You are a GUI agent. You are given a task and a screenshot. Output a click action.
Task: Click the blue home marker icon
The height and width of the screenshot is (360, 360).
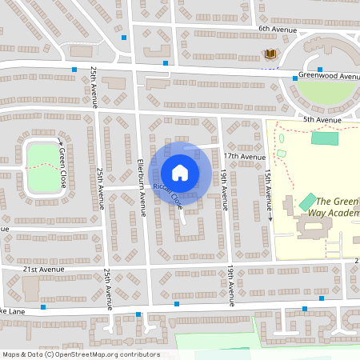180,171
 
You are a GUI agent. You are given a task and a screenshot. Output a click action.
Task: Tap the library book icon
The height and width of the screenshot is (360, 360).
270,54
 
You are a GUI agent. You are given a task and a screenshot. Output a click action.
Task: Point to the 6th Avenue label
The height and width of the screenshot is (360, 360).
276,28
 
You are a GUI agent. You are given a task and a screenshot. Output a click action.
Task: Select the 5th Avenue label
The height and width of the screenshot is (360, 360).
322,120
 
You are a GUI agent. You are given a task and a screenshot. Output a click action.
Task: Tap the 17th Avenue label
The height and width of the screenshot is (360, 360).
243,156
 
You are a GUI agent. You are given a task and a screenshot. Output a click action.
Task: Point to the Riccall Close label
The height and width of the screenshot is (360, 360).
168,196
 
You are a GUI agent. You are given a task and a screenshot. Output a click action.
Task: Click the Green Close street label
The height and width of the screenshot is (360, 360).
63,169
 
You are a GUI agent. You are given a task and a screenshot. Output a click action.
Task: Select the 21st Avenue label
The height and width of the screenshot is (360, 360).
42,270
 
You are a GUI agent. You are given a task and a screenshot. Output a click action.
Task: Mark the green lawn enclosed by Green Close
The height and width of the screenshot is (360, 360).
40,169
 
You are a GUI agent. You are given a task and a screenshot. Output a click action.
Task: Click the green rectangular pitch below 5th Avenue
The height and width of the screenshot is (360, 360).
324,138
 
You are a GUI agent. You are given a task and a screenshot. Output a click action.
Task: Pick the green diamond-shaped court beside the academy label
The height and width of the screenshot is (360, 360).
306,202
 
